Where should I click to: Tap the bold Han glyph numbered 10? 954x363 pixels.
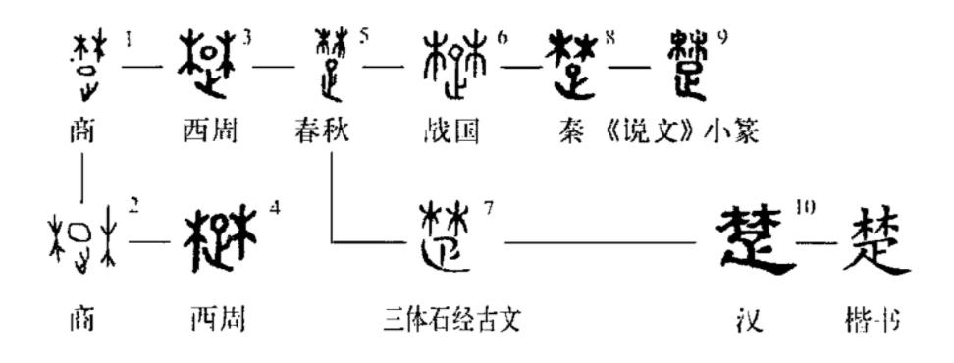coord(756,238)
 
